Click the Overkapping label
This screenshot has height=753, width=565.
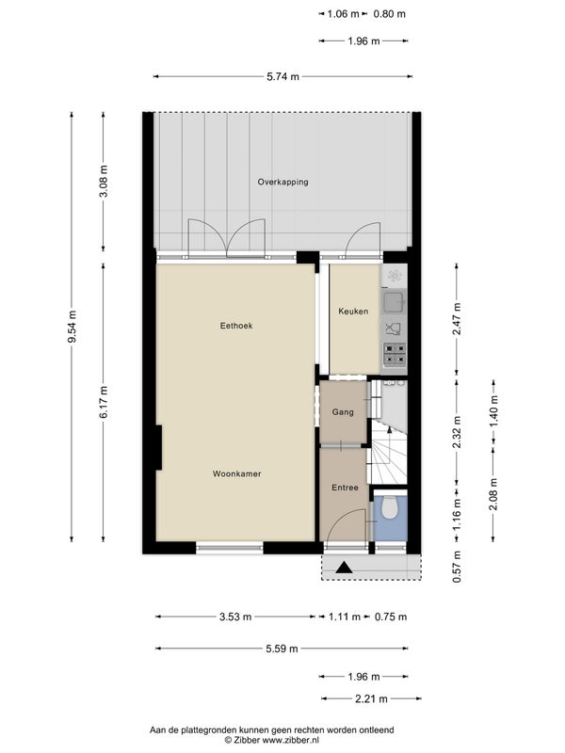[282, 182]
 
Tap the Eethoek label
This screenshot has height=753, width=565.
[236, 326]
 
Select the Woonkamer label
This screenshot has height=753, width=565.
[237, 474]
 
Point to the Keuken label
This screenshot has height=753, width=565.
[353, 312]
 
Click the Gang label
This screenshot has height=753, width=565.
[343, 412]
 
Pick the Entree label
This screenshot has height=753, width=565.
[345, 488]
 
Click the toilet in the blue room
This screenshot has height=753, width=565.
[390, 507]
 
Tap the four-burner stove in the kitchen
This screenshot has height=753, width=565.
[394, 355]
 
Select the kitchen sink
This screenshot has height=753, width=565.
[394, 301]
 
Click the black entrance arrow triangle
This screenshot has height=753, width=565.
[344, 568]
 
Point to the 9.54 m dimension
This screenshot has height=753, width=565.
[73, 327]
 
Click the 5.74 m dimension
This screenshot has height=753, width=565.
[282, 76]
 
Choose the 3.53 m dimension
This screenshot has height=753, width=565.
[235, 617]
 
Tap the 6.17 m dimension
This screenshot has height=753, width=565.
[104, 403]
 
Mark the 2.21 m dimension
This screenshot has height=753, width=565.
[371, 699]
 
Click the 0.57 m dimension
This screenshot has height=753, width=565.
[457, 568]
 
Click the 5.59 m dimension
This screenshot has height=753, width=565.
[282, 649]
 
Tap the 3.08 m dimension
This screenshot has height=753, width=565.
[104, 182]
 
